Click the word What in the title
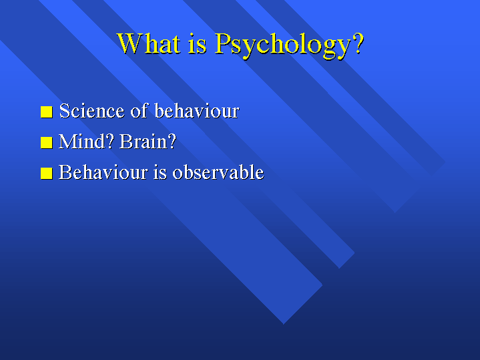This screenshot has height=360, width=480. point(148,43)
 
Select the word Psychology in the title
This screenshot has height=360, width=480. point(282,45)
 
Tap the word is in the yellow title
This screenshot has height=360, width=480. point(198,43)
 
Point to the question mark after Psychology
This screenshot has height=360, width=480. point(358,43)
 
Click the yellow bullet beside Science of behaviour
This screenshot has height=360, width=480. point(47,112)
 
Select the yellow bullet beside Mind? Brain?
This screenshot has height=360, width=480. point(47,142)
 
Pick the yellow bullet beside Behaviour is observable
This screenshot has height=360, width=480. point(47,173)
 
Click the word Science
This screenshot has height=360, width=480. point(92,110)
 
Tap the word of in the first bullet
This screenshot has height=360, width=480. point(140,110)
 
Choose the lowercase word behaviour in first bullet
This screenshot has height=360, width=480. point(197,110)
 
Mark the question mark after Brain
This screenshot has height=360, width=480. point(170,141)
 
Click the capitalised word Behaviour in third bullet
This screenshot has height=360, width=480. point(103,172)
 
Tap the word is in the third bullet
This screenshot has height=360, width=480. point(160,172)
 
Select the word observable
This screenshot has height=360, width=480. point(218,172)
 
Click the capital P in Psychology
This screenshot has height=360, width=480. point(222,43)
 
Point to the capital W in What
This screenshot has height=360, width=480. point(130,43)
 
